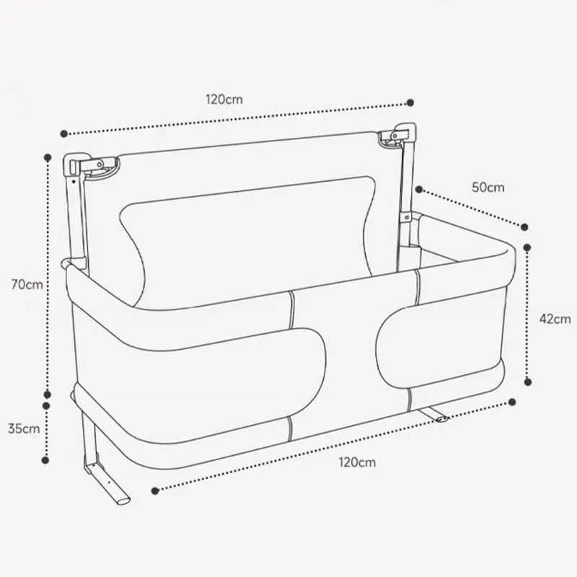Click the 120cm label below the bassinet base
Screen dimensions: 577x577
click(358, 462)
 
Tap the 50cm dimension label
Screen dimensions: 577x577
click(488, 187)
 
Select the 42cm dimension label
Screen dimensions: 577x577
click(555, 318)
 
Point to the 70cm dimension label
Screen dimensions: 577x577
click(27, 283)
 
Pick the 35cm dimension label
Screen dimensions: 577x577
click(23, 428)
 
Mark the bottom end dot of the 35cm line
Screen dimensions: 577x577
click(48, 458)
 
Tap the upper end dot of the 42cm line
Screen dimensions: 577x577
click(530, 246)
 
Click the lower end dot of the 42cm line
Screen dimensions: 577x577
click(530, 383)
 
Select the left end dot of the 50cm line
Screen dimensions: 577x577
click(418, 190)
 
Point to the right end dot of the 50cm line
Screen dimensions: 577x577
click(527, 225)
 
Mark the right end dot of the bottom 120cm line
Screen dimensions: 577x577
click(513, 401)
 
